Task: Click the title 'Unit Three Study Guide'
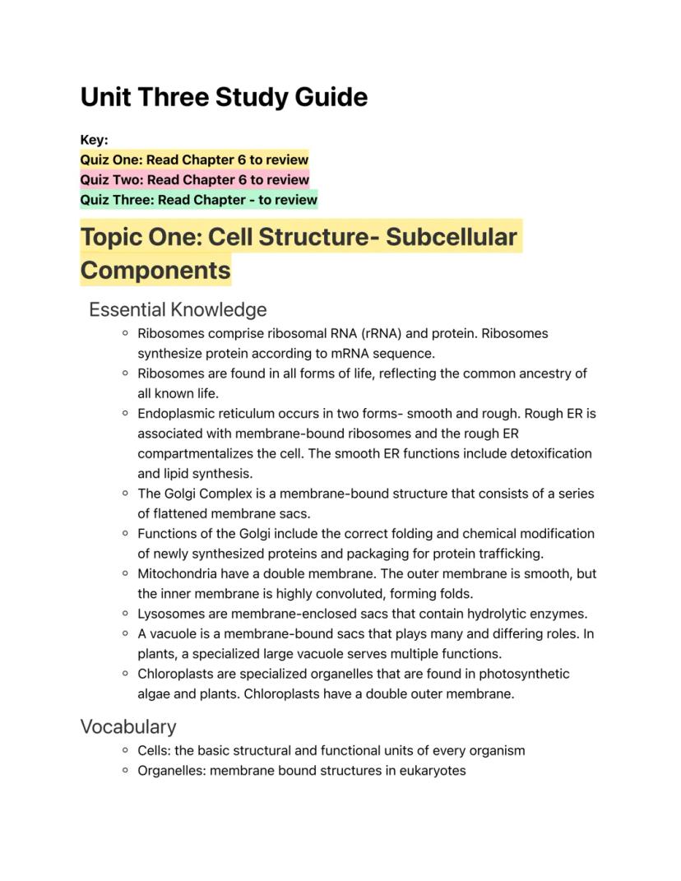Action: [x=224, y=97]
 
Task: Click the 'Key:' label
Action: [x=94, y=140]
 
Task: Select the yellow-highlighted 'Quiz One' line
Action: [x=194, y=160]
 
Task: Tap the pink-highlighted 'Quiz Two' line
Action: [x=194, y=179]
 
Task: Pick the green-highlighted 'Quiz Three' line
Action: [x=198, y=200]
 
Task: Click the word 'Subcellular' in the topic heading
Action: [x=452, y=237]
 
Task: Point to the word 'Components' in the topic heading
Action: [x=155, y=271]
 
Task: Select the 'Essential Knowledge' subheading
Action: [x=178, y=310]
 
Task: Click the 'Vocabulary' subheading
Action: [x=128, y=727]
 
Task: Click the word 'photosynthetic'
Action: [x=524, y=674]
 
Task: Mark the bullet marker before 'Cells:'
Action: [x=124, y=750]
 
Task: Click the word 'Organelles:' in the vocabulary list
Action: [x=172, y=771]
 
